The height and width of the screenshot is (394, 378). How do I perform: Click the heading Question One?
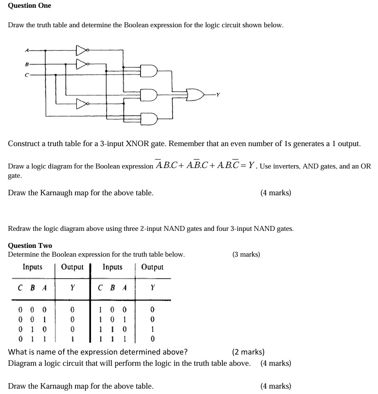tap(30, 5)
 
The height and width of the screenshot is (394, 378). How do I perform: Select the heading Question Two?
tap(30, 245)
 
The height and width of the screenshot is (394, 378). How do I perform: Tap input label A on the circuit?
tap(27, 50)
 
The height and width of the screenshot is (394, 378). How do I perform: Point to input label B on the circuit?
tap(27, 63)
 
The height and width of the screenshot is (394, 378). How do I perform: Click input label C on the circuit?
tap(27, 75)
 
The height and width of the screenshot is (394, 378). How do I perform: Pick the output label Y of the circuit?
tap(218, 94)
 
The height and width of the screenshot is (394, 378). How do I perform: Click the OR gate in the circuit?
tap(195, 94)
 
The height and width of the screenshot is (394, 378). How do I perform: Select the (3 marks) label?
tap(246, 254)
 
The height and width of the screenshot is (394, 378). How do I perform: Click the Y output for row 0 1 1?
tap(72, 338)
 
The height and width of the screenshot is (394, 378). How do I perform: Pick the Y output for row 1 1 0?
tap(153, 329)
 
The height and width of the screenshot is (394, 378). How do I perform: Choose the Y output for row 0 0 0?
tap(72, 309)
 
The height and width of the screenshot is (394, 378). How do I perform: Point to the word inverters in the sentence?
tap(280, 167)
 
